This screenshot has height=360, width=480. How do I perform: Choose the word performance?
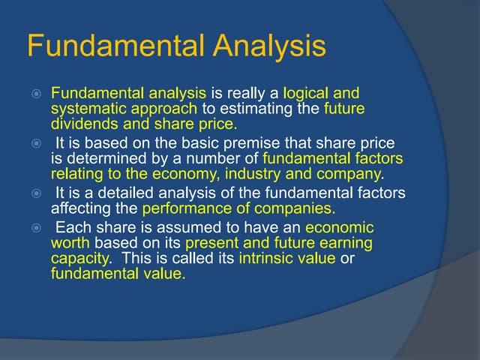[x=181, y=208]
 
